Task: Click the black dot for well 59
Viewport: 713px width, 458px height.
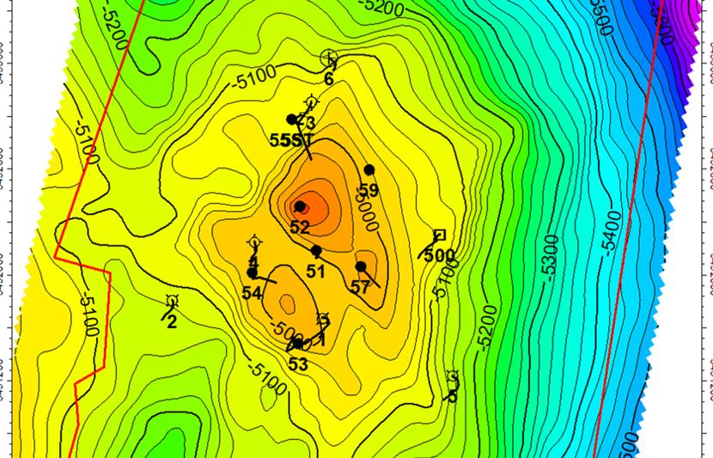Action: [x=369, y=169]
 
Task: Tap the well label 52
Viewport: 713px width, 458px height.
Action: [x=300, y=228]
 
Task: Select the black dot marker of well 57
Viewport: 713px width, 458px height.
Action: [x=361, y=266]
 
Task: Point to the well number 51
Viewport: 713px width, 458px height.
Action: [x=315, y=272]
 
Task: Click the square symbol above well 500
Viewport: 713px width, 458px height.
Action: [x=440, y=235]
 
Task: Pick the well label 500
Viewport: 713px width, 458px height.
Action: [x=440, y=255]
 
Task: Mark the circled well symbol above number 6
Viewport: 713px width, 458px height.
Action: [x=328, y=58]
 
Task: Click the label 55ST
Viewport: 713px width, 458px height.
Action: [x=289, y=139]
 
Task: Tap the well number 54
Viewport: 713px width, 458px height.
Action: [x=252, y=293]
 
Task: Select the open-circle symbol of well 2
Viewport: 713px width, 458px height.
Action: [x=172, y=301]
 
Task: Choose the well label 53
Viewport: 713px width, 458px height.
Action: [x=298, y=364]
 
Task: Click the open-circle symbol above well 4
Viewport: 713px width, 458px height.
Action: [x=254, y=243]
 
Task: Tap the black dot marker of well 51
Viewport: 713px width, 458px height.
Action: [x=316, y=251]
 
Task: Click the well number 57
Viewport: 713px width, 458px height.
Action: [x=360, y=288]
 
